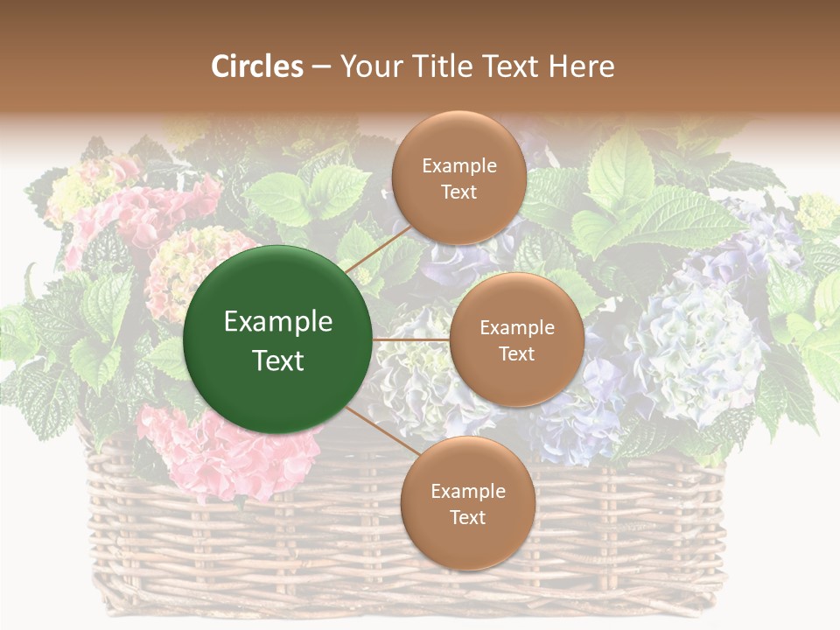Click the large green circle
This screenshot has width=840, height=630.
tap(278, 339)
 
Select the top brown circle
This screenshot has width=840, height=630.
tap(459, 178)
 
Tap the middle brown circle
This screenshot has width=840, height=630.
tap(517, 339)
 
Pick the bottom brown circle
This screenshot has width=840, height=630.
tap(467, 504)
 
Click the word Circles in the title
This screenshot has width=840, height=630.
tap(257, 66)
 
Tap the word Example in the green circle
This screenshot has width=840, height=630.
tap(278, 322)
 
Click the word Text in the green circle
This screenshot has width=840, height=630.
tap(278, 360)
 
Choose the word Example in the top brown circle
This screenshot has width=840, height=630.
tap(459, 166)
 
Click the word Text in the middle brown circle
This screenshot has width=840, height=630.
tap(517, 353)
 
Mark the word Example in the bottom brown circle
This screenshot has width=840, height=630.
tap(467, 492)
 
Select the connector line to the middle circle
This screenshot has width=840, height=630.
tap(411, 339)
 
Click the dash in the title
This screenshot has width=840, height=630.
tap(321, 67)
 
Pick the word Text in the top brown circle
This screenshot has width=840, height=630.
tap(459, 192)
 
